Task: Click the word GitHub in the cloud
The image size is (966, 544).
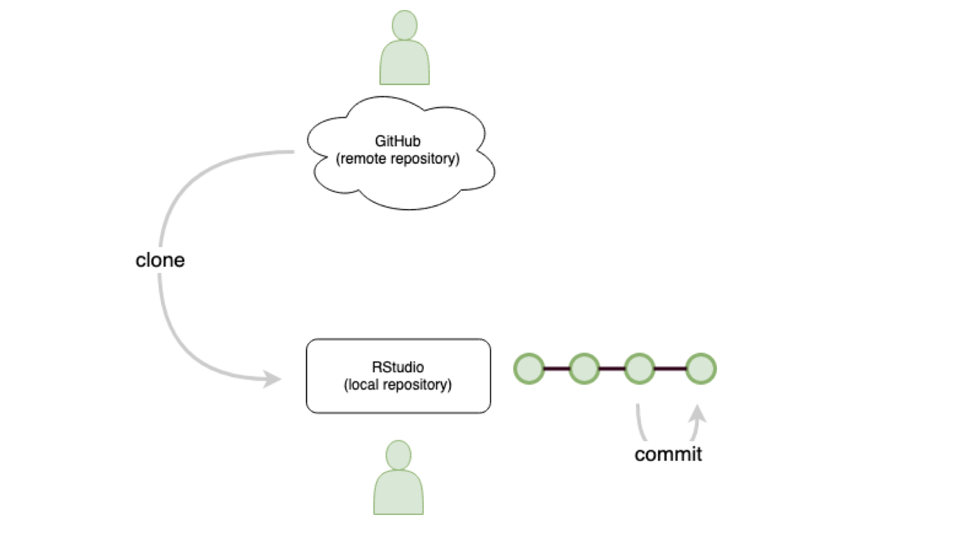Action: click(397, 141)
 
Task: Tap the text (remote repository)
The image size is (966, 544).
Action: click(397, 159)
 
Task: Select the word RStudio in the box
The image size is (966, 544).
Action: click(397, 367)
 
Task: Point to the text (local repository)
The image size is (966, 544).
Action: click(397, 384)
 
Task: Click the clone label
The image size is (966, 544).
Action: click(160, 260)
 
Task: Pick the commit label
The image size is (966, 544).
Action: click(668, 454)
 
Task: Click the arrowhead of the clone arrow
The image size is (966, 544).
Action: click(273, 379)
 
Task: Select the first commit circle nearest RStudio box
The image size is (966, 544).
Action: click(529, 369)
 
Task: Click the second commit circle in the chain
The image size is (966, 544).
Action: click(584, 369)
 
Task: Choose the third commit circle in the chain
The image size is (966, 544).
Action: click(639, 369)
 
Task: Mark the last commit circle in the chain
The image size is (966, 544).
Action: click(701, 369)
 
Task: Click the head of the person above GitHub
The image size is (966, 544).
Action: click(405, 25)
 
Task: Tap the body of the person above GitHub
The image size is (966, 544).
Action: click(405, 64)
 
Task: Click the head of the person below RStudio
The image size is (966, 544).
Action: click(398, 455)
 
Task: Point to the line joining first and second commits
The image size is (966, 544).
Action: click(556, 369)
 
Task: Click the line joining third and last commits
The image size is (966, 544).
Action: click(670, 369)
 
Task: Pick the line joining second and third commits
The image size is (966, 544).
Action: click(612, 369)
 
